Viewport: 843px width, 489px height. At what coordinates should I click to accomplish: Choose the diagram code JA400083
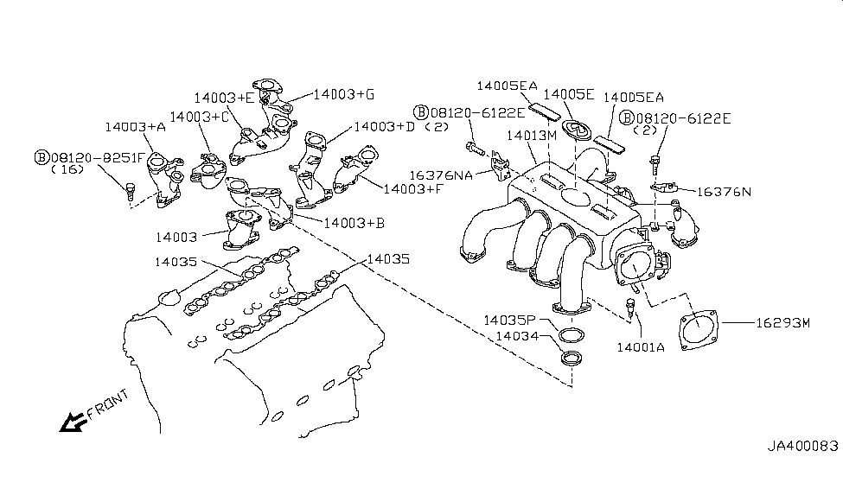[x=802, y=447]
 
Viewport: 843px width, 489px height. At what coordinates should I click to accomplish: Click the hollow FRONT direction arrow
[x=67, y=422]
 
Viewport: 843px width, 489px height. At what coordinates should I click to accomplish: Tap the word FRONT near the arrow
[x=109, y=404]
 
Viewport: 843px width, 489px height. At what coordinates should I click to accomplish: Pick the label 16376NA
[x=441, y=175]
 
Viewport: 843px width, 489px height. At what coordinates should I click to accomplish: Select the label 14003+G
[x=343, y=93]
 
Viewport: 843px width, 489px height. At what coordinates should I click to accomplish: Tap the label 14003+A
[x=135, y=126]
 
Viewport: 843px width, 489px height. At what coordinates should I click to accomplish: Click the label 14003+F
[x=412, y=187]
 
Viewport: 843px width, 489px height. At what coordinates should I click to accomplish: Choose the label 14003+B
[x=353, y=222]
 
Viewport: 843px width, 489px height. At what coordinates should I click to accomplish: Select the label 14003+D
[x=385, y=127]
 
